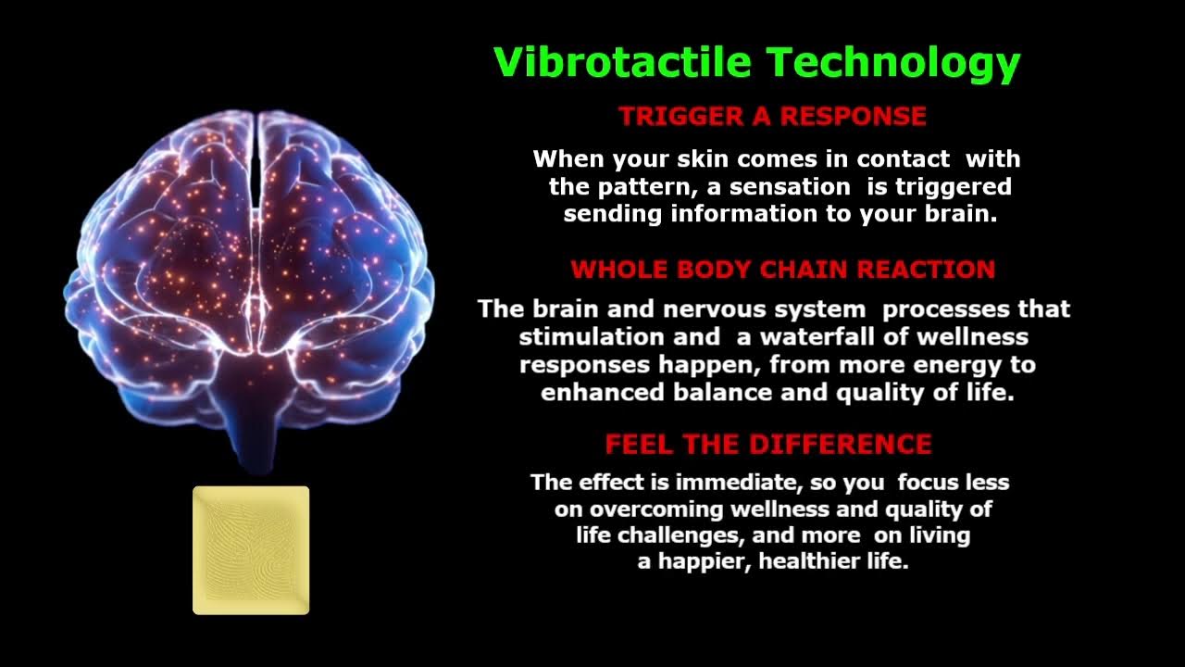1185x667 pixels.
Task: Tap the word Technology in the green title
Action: tap(893, 64)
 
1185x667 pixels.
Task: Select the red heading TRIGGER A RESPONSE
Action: tap(773, 116)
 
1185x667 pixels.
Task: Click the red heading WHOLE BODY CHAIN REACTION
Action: tap(783, 269)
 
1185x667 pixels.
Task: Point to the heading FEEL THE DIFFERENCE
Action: tap(768, 444)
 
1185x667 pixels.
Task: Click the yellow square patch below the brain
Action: tap(251, 550)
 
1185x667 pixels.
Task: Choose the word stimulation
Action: tap(592, 336)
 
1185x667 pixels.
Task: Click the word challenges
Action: tap(680, 535)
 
